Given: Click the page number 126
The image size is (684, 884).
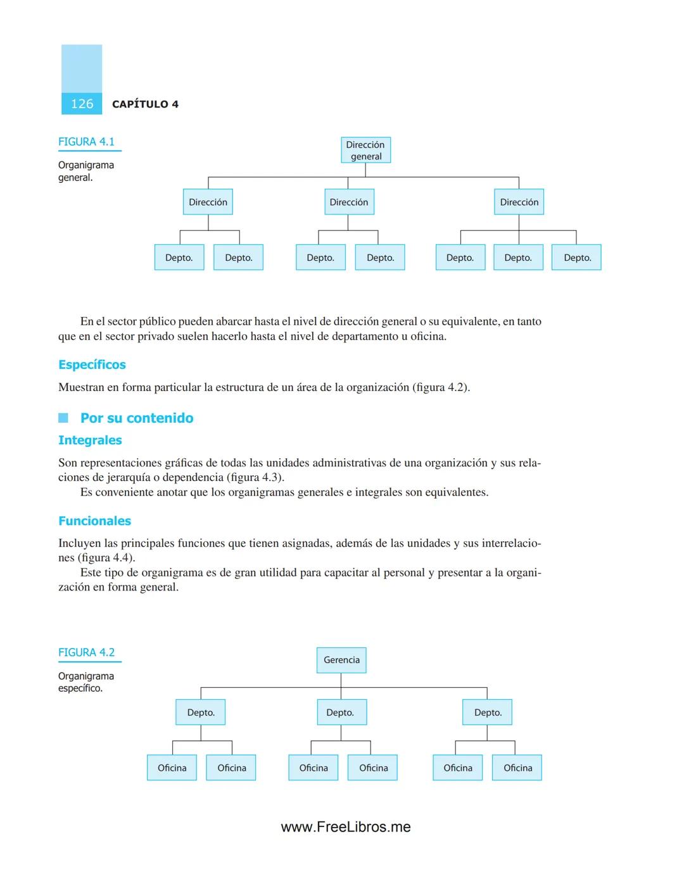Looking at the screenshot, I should pyautogui.click(x=82, y=104).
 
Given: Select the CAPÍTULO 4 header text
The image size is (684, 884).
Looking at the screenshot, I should pyautogui.click(x=145, y=104).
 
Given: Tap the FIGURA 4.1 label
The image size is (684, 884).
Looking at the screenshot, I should pyautogui.click(x=86, y=142).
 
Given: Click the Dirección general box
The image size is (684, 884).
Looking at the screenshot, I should pyautogui.click(x=365, y=151).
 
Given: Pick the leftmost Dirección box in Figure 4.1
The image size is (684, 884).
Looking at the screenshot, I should pyautogui.click(x=208, y=202).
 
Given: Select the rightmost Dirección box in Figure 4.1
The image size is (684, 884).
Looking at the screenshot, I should pyautogui.click(x=519, y=202).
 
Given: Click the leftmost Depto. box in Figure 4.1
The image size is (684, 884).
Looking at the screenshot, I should pyautogui.click(x=179, y=258).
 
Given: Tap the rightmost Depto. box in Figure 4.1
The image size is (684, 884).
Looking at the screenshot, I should pyautogui.click(x=577, y=258).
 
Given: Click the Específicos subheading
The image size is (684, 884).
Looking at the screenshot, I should pyautogui.click(x=92, y=364).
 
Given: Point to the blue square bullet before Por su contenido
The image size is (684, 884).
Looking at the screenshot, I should pyautogui.click(x=63, y=418).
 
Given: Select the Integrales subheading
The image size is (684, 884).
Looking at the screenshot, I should pyautogui.click(x=90, y=440).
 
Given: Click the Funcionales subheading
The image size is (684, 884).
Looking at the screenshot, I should pyautogui.click(x=94, y=521).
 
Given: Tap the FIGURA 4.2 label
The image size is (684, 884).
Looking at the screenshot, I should pyautogui.click(x=86, y=652).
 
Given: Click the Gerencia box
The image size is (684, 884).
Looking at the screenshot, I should pyautogui.click(x=341, y=660).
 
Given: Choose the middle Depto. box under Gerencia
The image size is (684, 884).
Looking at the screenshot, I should pyautogui.click(x=341, y=713).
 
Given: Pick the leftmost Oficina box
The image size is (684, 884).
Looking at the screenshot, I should pyautogui.click(x=172, y=768).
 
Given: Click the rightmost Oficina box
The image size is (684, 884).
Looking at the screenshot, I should pyautogui.click(x=517, y=768).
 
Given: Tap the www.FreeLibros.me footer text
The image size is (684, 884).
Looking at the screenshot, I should pyautogui.click(x=346, y=827).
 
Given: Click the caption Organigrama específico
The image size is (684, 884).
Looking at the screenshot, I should pyautogui.click(x=85, y=682).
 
